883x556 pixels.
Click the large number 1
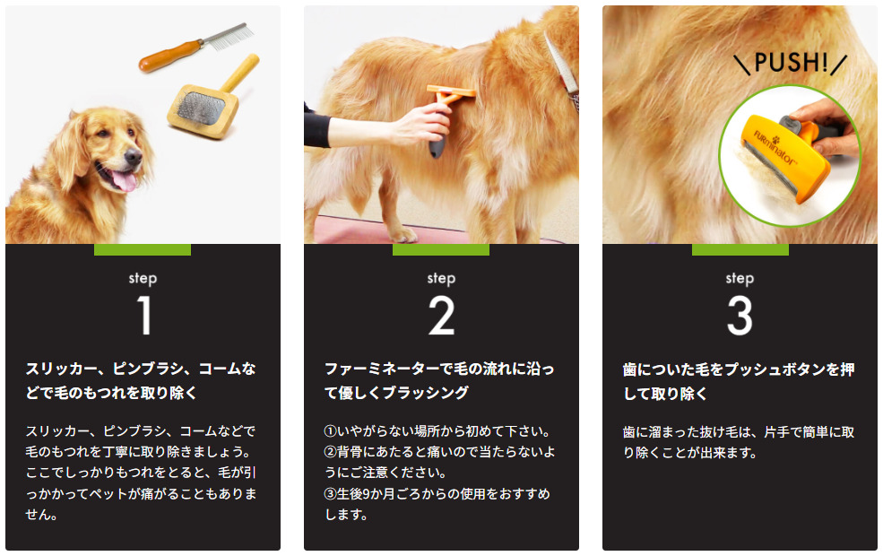coord(144,316)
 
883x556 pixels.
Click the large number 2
coord(441,316)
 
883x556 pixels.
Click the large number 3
coord(740,316)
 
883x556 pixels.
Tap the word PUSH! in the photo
coord(791,63)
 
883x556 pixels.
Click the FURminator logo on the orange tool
coord(775,148)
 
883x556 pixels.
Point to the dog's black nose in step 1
coord(133,157)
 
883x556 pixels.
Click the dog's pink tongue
coord(125,181)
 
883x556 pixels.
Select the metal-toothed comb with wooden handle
coord(195,47)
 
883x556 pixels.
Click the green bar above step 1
coord(143,249)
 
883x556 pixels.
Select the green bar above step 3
coord(740,249)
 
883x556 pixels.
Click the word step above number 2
coord(441,278)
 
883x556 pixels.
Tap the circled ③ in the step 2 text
coord(331,494)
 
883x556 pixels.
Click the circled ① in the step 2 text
coord(331,431)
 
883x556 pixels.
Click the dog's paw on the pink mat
coord(403,234)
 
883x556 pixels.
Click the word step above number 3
coord(740,278)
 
